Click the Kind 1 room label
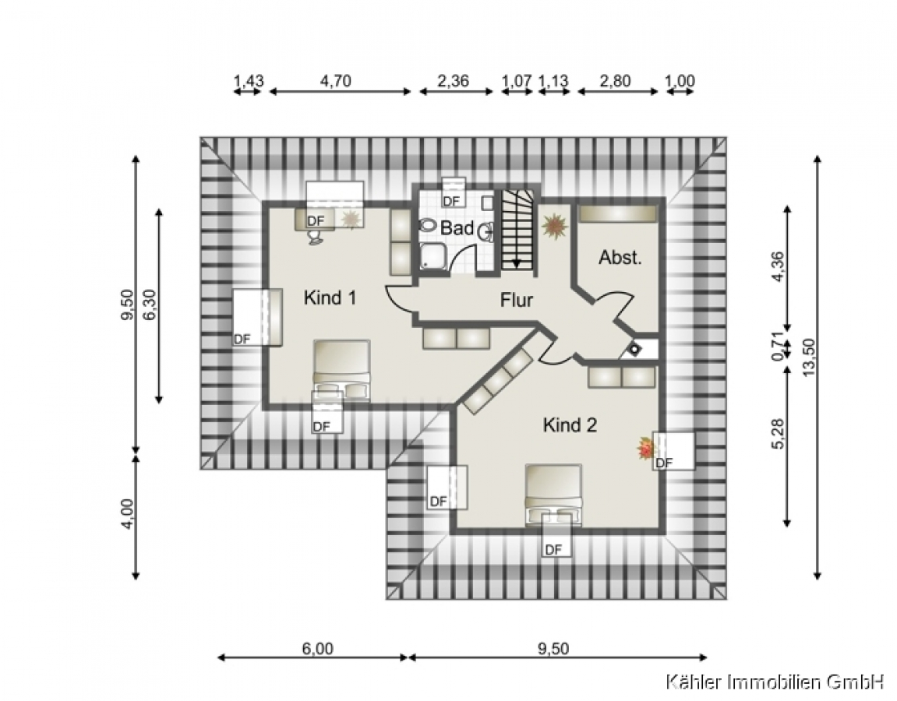(x=330, y=298)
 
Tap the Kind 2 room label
(x=570, y=424)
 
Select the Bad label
(x=457, y=228)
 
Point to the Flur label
(x=517, y=300)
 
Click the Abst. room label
(x=620, y=257)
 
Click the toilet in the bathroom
(x=427, y=225)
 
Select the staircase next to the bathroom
(x=517, y=231)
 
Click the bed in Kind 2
(x=553, y=494)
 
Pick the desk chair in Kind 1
(x=315, y=238)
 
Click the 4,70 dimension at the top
(x=336, y=81)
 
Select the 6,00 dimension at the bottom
(x=317, y=649)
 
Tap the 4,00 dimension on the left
(x=127, y=514)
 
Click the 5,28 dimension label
(x=778, y=434)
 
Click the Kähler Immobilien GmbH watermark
(x=775, y=682)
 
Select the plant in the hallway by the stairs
(x=554, y=226)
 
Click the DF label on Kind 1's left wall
(x=242, y=339)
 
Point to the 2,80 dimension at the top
(x=615, y=81)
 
